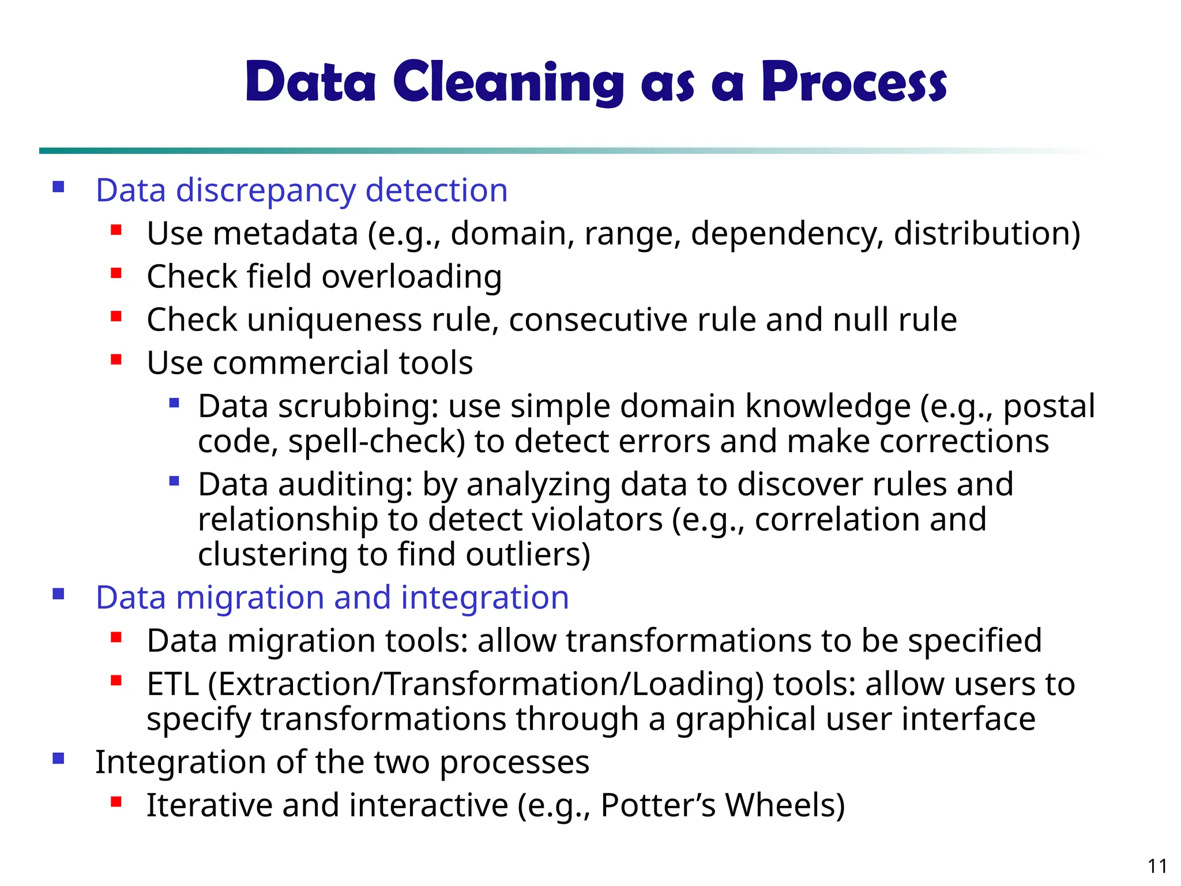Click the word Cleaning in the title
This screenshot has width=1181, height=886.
[509, 82]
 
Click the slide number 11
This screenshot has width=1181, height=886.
[1157, 866]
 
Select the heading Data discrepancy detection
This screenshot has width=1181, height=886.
[302, 190]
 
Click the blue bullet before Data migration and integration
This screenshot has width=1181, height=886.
[58, 594]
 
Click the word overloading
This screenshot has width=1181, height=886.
[412, 277]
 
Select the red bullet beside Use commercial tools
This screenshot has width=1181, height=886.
[116, 360]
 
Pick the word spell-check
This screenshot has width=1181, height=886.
[376, 442]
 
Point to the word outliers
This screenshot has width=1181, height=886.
[528, 554]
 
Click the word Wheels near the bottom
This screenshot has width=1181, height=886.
[784, 805]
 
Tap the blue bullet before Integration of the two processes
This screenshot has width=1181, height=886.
[58, 759]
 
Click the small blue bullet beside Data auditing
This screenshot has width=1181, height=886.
[174, 481]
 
